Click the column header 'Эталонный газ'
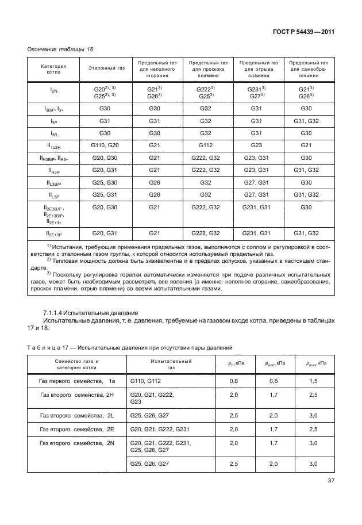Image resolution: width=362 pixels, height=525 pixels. [x=106, y=68]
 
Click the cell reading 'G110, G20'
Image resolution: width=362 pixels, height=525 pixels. [x=106, y=145]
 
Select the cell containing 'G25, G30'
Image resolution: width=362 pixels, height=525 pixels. [x=106, y=182]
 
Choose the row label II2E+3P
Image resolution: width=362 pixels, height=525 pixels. [x=53, y=233]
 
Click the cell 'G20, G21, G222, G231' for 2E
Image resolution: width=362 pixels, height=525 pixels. [x=159, y=429]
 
